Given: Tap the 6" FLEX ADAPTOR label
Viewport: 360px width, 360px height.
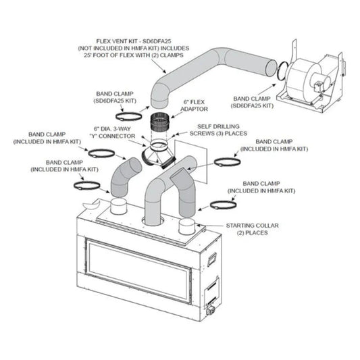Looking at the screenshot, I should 195,105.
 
